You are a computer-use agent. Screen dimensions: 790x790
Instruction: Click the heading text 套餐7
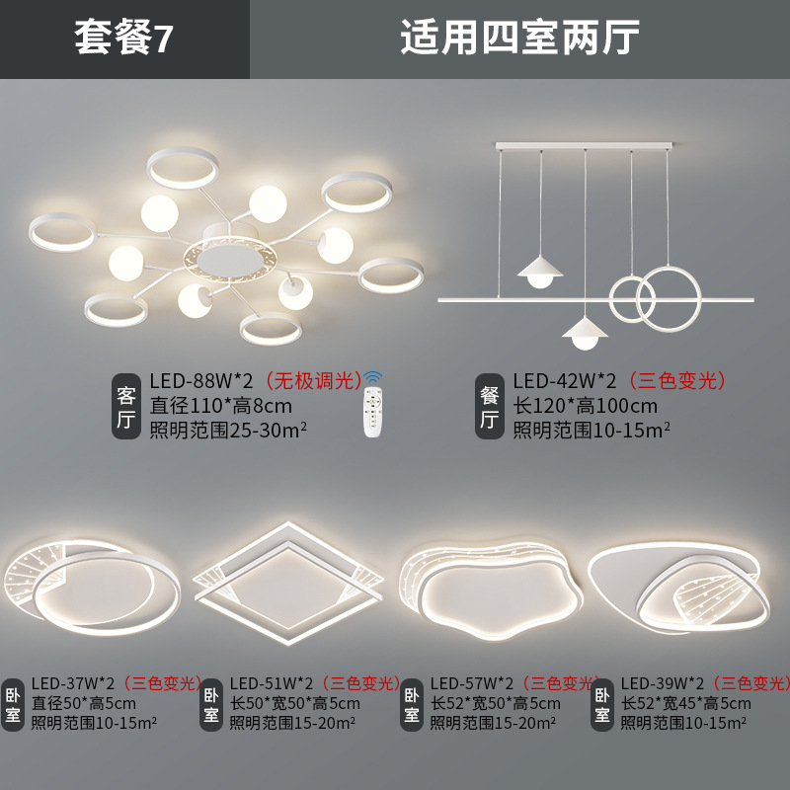pyautogui.click(x=124, y=39)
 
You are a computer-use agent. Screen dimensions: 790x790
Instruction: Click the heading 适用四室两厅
pyautogui.click(x=519, y=39)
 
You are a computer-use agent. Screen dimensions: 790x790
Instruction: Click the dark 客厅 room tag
pyautogui.click(x=126, y=406)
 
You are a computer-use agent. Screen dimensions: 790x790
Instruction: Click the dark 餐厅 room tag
pyautogui.click(x=489, y=406)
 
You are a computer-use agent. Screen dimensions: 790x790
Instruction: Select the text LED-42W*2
pyautogui.click(x=564, y=380)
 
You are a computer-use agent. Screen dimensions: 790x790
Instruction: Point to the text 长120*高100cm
pyautogui.click(x=585, y=406)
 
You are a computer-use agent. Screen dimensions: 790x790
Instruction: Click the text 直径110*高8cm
pyautogui.click(x=220, y=406)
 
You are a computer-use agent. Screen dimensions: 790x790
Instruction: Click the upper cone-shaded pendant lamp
pyautogui.click(x=538, y=267)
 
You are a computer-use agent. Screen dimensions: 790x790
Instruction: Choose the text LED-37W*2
pyautogui.click(x=74, y=683)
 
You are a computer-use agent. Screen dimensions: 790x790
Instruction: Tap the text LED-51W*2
pyautogui.click(x=272, y=683)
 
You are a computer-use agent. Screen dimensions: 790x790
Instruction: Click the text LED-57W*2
pyautogui.click(x=472, y=683)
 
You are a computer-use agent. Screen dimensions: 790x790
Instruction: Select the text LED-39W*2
pyautogui.click(x=662, y=683)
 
